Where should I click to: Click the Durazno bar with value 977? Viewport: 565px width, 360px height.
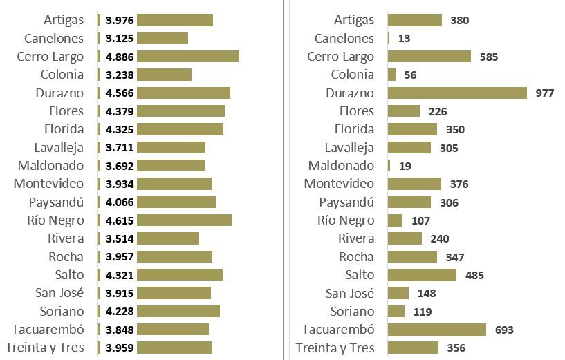click(457, 93)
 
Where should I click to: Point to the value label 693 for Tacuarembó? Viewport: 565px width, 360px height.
click(505, 330)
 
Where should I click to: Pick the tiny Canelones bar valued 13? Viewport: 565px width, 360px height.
click(389, 39)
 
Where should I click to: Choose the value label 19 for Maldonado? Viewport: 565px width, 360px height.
click(405, 166)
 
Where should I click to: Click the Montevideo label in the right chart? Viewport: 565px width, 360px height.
click(339, 184)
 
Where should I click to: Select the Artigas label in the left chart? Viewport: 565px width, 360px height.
click(64, 20)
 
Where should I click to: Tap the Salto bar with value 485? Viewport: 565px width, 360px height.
click(422, 275)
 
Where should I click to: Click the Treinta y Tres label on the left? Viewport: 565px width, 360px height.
click(45, 348)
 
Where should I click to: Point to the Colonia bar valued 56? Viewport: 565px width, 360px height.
click(392, 75)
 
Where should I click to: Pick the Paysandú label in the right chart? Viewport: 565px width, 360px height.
click(346, 202)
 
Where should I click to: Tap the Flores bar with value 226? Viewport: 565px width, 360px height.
click(404, 111)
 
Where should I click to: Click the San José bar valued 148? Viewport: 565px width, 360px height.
click(398, 293)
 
